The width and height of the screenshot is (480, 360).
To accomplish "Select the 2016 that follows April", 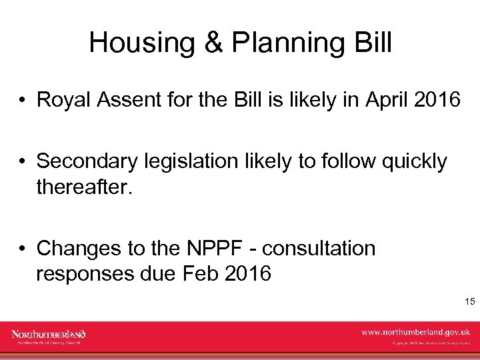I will pyautogui.click(x=437, y=100).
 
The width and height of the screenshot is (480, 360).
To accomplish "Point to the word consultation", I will pyautogui.click(x=319, y=248).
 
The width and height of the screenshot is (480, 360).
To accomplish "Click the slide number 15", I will pyautogui.click(x=469, y=302).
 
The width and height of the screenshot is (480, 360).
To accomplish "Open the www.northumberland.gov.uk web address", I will pyautogui.click(x=415, y=331).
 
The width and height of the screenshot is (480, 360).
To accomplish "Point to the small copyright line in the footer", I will pyautogui.click(x=431, y=343).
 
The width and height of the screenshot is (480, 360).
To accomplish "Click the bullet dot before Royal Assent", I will pyautogui.click(x=23, y=101).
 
